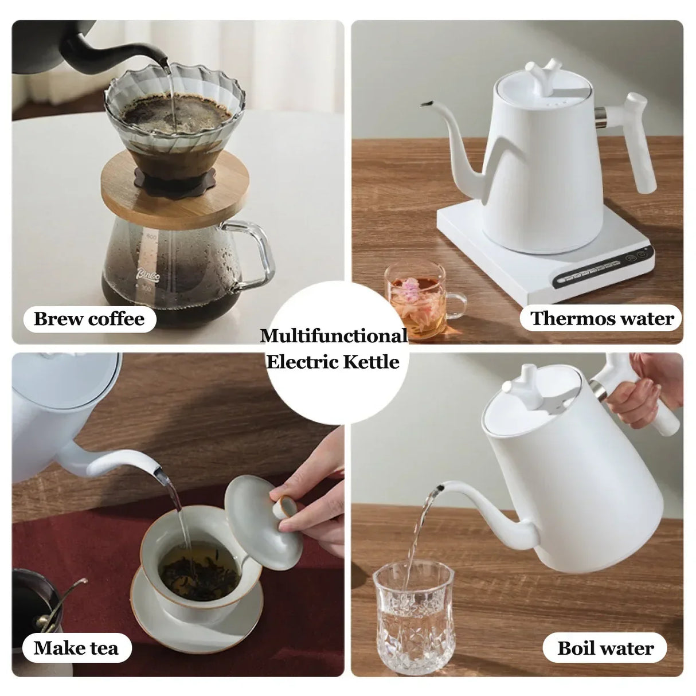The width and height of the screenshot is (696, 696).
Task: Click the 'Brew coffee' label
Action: (x=89, y=319)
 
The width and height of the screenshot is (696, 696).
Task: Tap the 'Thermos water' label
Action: (x=602, y=319)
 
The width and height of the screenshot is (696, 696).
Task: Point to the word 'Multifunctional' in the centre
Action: (x=334, y=336)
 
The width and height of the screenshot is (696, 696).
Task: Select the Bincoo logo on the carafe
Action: (x=147, y=273)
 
